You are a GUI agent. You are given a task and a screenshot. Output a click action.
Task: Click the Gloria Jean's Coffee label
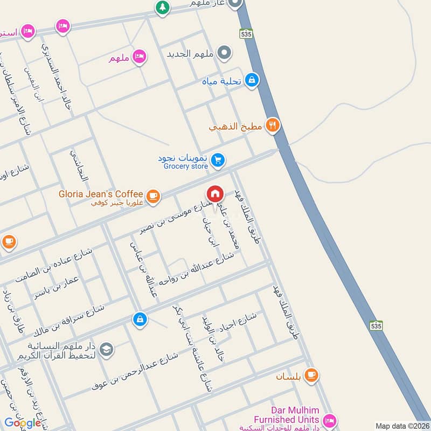coord(101,194)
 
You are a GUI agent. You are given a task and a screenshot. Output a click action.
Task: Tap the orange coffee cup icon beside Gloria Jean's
coord(154,196)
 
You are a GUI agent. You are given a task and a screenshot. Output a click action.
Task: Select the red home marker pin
coord(215,194)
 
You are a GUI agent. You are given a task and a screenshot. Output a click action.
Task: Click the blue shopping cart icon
coord(218,160)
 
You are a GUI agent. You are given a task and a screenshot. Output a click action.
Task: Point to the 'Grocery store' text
coord(186,167)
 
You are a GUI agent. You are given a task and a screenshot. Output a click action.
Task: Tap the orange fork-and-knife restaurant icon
coord(273,126)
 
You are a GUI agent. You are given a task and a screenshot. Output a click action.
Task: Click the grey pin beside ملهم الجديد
coord(226,53)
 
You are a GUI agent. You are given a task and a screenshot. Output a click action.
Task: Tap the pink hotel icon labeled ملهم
coord(140,56)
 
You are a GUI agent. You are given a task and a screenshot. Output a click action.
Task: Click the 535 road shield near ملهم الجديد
coord(247,33)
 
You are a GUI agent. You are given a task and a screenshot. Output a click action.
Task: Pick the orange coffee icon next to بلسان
coord(311,375)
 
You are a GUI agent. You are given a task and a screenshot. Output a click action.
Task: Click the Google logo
coord(23,423)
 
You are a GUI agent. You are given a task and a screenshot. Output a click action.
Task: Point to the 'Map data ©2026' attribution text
coord(402,426)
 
